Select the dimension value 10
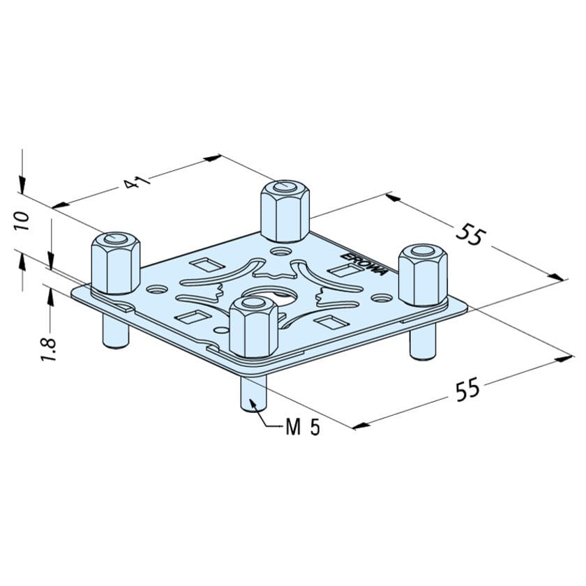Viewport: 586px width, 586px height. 22,220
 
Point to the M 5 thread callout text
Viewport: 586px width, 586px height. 303,428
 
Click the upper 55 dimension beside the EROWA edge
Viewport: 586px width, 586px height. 469,235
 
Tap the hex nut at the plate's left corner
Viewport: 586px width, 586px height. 116,263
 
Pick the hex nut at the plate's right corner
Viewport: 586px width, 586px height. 423,274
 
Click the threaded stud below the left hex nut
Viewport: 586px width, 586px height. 114,330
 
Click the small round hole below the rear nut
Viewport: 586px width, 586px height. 282,249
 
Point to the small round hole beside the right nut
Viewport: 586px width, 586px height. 381,297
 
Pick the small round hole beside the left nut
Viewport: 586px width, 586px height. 155,287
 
